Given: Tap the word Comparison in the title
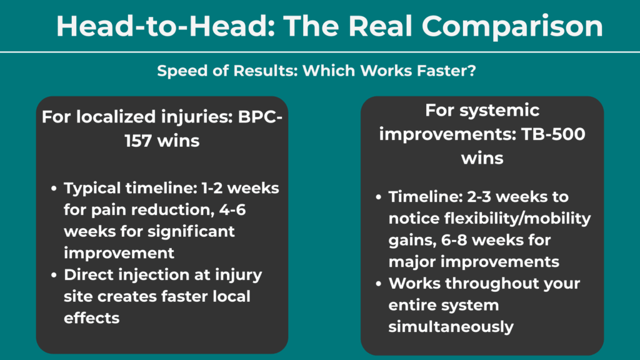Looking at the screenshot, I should pos(512,26).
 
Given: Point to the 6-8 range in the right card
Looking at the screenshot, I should pos(481,239).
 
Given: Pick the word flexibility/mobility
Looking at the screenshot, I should pos(489,218).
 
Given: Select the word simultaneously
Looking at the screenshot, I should pos(451,326).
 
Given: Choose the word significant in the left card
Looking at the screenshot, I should pos(192,231).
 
